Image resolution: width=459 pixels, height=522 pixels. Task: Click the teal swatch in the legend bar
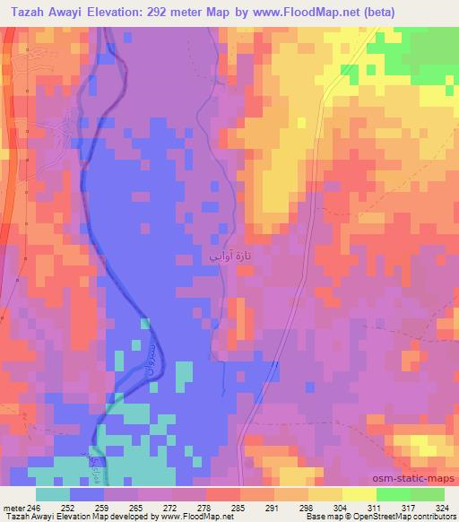(53, 494)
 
